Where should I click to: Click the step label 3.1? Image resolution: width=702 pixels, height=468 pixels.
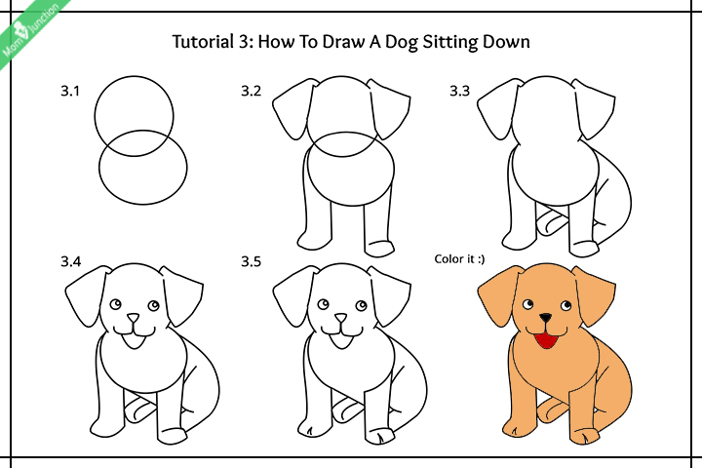pyautogui.click(x=69, y=93)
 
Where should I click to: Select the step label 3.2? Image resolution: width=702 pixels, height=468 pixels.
pyautogui.click(x=252, y=93)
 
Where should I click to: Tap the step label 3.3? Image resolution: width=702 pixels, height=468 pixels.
pyautogui.click(x=459, y=93)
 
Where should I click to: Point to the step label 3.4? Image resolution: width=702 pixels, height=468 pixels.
pyautogui.click(x=70, y=262)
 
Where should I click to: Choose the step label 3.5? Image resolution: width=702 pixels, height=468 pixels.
pyautogui.click(x=252, y=262)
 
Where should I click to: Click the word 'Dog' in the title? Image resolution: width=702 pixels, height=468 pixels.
pyautogui.click(x=399, y=42)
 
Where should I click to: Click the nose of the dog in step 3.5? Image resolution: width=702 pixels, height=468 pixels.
pyautogui.click(x=340, y=318)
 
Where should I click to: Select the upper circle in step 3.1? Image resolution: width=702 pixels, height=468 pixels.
pyautogui.click(x=135, y=109)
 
